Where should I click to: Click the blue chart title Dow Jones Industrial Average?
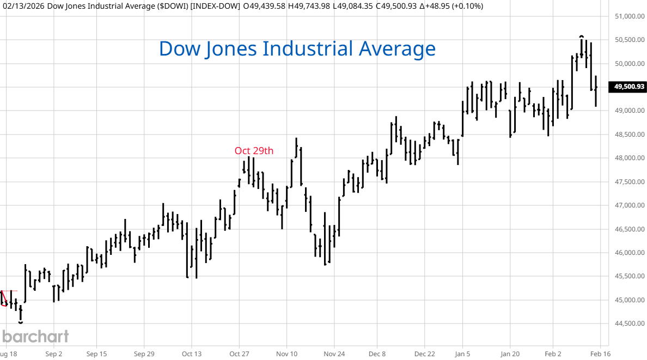tap(297, 48)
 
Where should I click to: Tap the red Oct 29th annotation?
tap(254, 150)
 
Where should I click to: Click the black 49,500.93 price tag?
tap(629, 87)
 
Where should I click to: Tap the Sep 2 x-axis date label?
tap(54, 353)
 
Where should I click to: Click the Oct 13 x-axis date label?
tap(192, 353)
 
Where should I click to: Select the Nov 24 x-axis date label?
tap(335, 353)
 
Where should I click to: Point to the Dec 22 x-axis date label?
tap(424, 353)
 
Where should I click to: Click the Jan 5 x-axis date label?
tap(463, 353)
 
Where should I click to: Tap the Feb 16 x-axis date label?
tap(600, 353)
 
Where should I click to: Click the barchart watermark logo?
tap(35, 336)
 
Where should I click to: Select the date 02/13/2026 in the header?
tap(22, 6)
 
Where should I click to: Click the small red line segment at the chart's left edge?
tap(4, 299)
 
